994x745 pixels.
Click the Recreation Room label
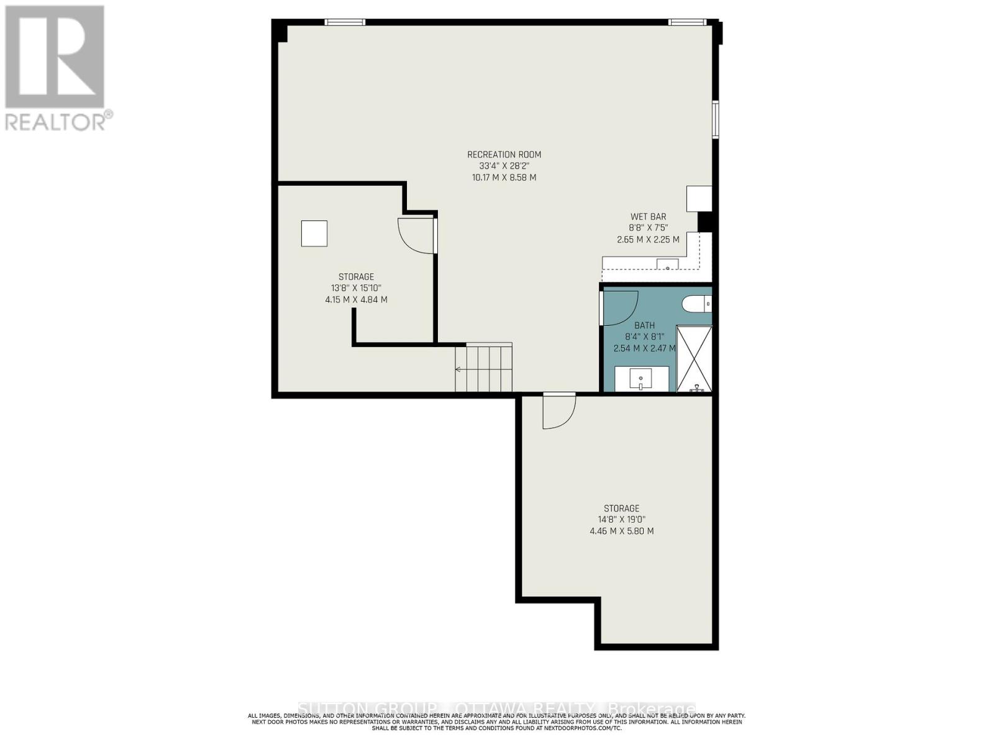click(504, 155)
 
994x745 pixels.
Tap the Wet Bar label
click(648, 217)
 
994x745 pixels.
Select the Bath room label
click(644, 325)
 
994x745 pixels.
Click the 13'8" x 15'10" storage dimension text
click(356, 288)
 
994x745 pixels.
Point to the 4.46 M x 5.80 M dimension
click(621, 531)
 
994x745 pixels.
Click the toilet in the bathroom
click(696, 304)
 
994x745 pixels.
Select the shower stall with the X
click(694, 358)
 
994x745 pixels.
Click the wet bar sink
click(668, 264)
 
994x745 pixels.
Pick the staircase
click(484, 368)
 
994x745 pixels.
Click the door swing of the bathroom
click(620, 306)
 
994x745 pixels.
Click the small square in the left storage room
click(314, 233)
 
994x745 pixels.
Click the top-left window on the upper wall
click(345, 22)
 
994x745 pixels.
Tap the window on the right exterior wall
click(715, 119)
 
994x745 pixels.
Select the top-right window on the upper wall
click(687, 22)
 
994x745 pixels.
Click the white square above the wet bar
click(698, 198)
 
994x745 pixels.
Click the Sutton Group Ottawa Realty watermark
click(496, 709)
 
